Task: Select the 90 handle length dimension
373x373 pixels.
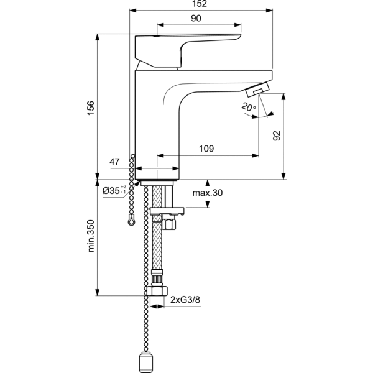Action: click(x=196, y=19)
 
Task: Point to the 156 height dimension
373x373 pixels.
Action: click(x=90, y=108)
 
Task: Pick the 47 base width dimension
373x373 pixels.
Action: click(x=114, y=162)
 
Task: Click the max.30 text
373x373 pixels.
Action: click(x=207, y=193)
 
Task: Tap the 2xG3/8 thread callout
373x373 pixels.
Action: click(x=185, y=300)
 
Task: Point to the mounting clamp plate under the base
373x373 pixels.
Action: click(x=165, y=210)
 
